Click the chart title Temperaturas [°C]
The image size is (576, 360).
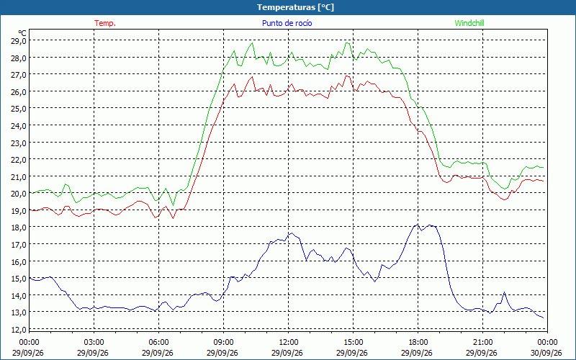[x=295, y=7]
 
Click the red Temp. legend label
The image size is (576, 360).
[x=105, y=23]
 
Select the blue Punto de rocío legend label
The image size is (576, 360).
[x=287, y=23]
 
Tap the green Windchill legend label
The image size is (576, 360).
[x=469, y=23]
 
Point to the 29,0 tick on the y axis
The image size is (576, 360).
[x=19, y=40]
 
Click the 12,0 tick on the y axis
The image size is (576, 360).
[x=19, y=329]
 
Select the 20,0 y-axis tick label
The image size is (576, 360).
[x=19, y=193]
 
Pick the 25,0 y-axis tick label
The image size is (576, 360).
[x=19, y=109]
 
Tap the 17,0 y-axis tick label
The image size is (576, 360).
[x=19, y=244]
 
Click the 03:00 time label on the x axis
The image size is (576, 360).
[x=94, y=343]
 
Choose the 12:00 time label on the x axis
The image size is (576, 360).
[x=289, y=343]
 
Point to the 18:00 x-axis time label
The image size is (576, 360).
[x=418, y=343]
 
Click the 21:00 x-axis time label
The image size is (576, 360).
[x=482, y=343]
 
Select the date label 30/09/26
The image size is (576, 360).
[x=546, y=353]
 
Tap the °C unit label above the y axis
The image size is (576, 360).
[x=22, y=33]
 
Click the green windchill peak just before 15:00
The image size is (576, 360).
[x=347, y=43]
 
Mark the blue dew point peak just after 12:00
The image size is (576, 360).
[x=292, y=233]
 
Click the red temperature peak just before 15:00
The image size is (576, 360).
[x=347, y=76]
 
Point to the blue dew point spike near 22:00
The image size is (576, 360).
[x=505, y=292]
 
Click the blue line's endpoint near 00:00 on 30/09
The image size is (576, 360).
[x=544, y=318]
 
